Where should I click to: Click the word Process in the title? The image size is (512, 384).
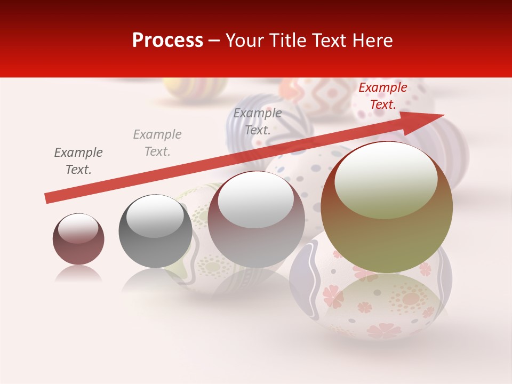click(167, 41)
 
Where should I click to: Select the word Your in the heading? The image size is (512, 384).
click(246, 41)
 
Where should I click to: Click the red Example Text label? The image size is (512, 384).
click(382, 96)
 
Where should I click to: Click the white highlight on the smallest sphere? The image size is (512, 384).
click(78, 228)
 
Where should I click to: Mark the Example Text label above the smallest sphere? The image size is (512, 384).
click(78, 161)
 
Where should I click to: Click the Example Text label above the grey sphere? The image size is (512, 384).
click(157, 143)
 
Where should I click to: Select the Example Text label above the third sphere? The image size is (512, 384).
click(258, 122)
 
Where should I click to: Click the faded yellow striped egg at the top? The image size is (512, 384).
click(194, 89)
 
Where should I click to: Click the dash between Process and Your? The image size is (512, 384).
click(214, 41)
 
